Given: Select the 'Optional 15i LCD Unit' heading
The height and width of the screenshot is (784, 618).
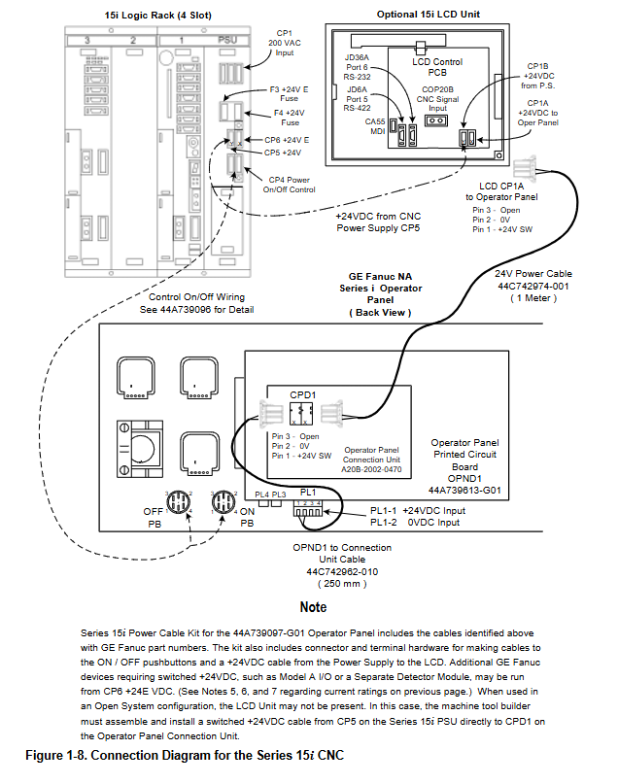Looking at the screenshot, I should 428,15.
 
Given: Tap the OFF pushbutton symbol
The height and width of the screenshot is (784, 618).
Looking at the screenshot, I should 181,504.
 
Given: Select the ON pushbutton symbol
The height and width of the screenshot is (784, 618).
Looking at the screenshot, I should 221,504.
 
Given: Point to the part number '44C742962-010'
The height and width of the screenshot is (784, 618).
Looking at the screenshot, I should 342,572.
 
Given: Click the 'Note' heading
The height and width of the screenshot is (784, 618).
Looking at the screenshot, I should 313,607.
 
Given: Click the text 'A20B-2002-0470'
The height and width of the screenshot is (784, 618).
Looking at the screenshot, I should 371,468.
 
